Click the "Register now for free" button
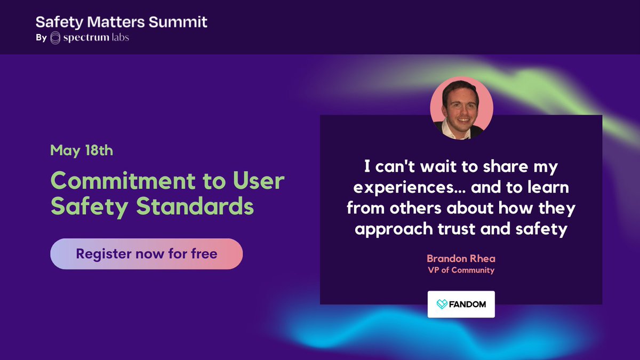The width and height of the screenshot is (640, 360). (146, 254)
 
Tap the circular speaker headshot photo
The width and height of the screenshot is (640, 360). (461, 109)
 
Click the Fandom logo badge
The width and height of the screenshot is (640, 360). (461, 304)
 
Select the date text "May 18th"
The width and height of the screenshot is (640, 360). (82, 150)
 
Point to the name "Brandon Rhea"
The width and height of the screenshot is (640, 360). (461, 258)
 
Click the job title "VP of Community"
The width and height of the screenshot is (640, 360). (461, 270)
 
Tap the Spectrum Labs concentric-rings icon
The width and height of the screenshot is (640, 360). (55, 38)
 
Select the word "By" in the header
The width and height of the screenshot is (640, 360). (41, 38)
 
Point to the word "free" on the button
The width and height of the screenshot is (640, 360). (204, 254)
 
